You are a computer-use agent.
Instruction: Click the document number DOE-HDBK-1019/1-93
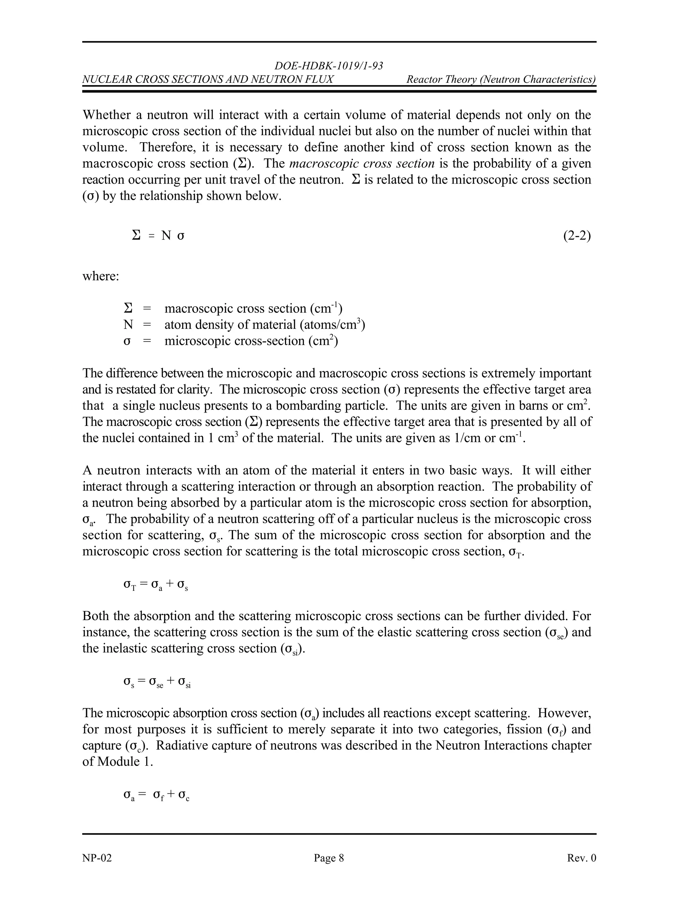pos(329,66)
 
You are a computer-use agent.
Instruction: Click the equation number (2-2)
pos(577,236)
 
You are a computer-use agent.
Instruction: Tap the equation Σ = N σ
pos(158,236)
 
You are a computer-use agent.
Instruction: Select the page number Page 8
pos(329,858)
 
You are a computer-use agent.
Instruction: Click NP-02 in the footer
pos(97,858)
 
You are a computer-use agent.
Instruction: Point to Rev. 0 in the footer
pos(581,858)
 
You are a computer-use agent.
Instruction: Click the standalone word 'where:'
pos(101,276)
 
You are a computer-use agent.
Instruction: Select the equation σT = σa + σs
pos(156,585)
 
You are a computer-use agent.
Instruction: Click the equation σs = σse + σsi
pos(157,682)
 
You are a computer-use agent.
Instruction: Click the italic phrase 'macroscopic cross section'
pos(361,164)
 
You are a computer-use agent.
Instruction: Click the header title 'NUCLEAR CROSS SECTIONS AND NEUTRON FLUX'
pos(208,79)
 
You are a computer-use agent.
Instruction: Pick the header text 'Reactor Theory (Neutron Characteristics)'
pos(501,79)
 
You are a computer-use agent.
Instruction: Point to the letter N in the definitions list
pos(128,325)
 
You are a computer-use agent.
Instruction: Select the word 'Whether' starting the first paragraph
pos(107,115)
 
